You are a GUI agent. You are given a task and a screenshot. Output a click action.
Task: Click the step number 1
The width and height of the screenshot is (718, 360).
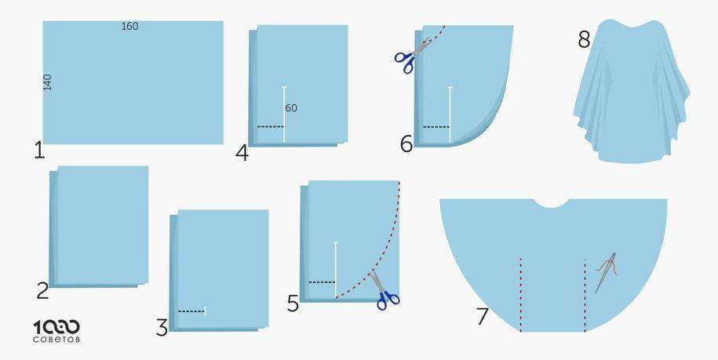tap(39, 151)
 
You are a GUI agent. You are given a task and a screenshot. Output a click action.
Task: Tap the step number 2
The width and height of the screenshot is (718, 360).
tap(42, 291)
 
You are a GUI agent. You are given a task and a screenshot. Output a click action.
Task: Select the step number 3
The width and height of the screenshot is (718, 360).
tap(162, 328)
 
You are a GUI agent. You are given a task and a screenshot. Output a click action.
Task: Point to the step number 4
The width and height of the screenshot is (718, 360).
tap(242, 153)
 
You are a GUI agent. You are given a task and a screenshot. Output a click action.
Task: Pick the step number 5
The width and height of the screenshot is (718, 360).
tap(293, 304)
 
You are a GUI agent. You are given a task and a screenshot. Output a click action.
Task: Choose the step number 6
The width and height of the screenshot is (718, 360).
tap(406, 144)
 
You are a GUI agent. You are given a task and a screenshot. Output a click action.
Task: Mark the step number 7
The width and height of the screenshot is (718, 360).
tap(482, 317)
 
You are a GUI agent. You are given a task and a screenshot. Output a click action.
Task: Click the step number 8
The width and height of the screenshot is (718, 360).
tap(584, 40)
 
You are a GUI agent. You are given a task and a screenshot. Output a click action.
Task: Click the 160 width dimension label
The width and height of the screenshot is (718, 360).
tap(129, 27)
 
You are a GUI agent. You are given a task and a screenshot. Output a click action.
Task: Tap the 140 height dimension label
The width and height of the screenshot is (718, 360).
tap(48, 82)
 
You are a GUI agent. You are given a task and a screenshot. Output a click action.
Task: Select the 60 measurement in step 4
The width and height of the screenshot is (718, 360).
tap(291, 108)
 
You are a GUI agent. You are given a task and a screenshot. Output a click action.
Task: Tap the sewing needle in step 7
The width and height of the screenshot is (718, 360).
tap(605, 273)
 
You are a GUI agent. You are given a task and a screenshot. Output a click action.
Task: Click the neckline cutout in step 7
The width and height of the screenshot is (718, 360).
tap(552, 203)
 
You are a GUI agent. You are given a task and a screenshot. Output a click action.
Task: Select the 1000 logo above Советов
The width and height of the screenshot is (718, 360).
tap(56, 327)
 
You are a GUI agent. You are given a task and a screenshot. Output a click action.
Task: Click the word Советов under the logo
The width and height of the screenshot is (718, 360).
tap(56, 340)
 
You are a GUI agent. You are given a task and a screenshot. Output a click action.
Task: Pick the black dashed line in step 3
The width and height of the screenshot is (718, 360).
tap(191, 311)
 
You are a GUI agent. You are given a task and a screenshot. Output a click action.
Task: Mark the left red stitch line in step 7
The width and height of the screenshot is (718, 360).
tap(520, 295)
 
